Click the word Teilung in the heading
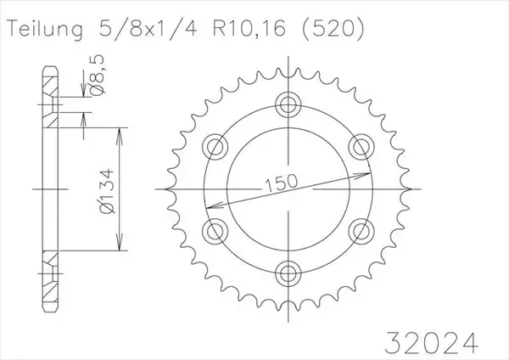click(x=45, y=29)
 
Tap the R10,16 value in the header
click(x=249, y=28)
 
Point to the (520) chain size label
click(x=333, y=28)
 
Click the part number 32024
click(x=432, y=343)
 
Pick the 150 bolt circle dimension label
click(x=281, y=183)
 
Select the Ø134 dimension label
click(x=107, y=191)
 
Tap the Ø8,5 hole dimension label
click(x=98, y=75)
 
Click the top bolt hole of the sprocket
click(x=288, y=104)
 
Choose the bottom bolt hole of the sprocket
click(x=288, y=273)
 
